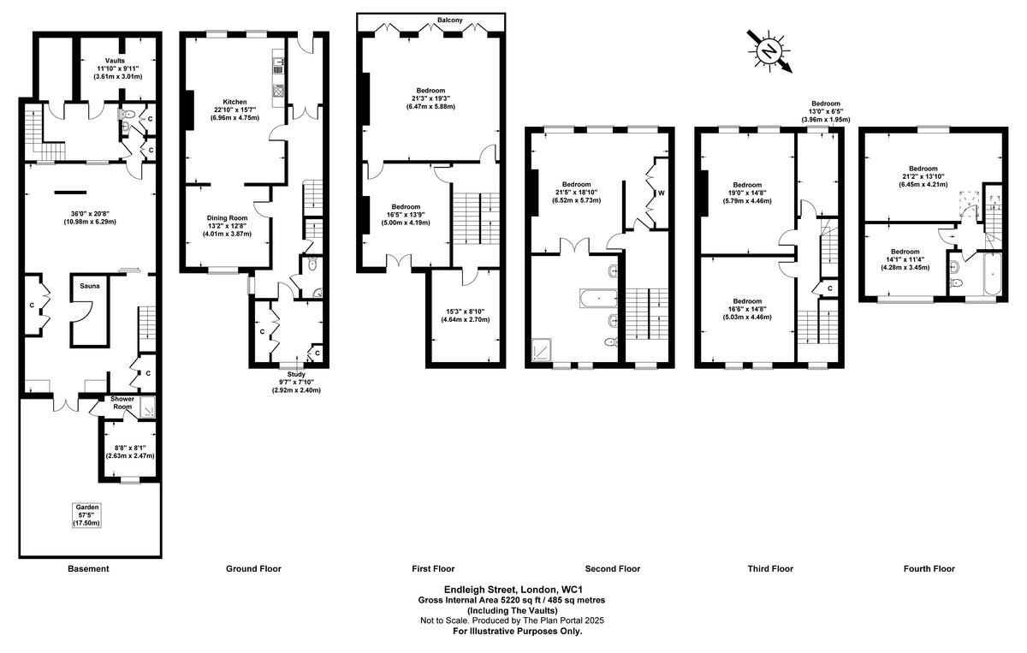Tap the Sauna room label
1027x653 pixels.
point(89,286)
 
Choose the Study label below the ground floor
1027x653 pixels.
point(296,374)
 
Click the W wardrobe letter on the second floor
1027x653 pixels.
point(661,193)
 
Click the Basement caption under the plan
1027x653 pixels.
point(88,568)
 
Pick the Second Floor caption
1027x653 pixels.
point(612,568)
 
